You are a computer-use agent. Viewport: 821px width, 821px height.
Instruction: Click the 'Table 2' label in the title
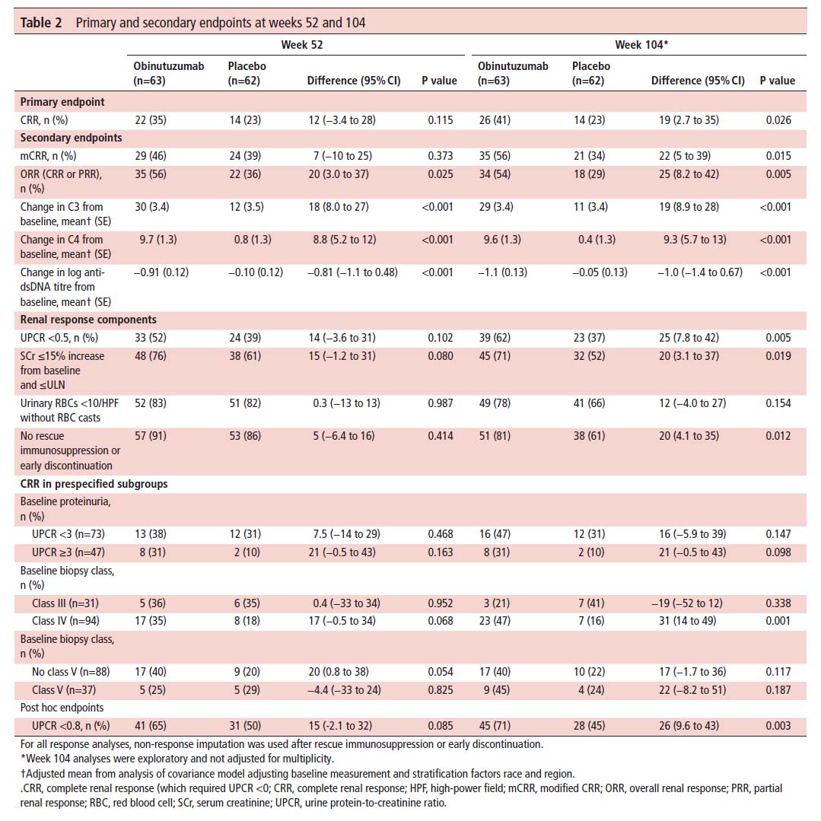coord(41,23)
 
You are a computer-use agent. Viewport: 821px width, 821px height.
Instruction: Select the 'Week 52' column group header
coord(301,44)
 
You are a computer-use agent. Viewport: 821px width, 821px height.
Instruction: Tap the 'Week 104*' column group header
coord(641,44)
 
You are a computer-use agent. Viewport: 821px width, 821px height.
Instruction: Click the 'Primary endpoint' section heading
coord(62,101)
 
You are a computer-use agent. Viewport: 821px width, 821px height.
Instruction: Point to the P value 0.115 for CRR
coord(441,120)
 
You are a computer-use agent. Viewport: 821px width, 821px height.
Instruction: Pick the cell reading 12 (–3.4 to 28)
coord(342,120)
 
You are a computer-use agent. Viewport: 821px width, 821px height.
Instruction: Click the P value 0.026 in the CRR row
coord(778,120)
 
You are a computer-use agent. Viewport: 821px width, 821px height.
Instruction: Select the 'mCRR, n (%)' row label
coord(48,155)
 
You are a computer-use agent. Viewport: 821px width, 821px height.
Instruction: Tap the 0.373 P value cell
coord(441,155)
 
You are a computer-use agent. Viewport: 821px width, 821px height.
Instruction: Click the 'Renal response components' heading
coord(88,320)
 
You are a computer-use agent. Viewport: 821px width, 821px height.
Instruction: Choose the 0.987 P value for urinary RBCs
coord(441,403)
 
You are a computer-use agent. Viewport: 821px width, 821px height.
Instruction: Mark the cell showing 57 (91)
coord(150,436)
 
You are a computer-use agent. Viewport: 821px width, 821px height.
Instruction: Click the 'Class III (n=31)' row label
coord(65,603)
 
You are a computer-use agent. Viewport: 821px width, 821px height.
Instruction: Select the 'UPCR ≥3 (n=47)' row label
coord(68,552)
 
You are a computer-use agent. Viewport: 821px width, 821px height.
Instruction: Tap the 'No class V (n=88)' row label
coord(71,671)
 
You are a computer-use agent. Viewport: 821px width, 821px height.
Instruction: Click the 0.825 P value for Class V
coord(441,689)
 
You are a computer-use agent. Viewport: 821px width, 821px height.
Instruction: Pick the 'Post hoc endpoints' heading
coord(62,708)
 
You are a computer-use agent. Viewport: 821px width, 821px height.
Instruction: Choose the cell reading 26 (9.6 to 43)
coord(689,726)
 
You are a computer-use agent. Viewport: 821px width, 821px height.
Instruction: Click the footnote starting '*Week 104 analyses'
coord(177,758)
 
